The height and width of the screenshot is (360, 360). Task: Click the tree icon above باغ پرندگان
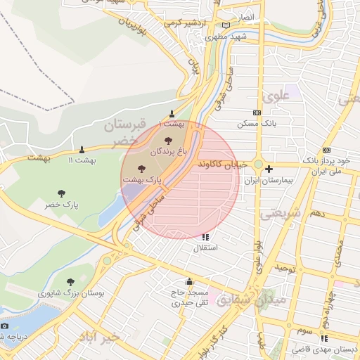(167, 141)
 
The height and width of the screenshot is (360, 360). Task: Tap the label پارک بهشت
(143, 180)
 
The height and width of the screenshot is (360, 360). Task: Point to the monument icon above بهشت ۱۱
(82, 149)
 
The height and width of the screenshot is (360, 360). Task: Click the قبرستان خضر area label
(127, 131)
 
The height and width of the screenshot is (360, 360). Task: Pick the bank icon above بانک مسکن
(257, 112)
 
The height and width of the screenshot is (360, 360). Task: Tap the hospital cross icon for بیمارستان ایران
(269, 169)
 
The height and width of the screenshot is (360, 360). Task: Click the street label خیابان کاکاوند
(224, 164)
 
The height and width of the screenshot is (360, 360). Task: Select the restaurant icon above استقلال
(205, 238)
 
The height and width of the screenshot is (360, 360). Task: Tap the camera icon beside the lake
(4, 326)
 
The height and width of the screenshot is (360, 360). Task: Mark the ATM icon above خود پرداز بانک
(326, 150)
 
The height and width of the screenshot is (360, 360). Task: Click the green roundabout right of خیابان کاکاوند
(258, 165)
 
